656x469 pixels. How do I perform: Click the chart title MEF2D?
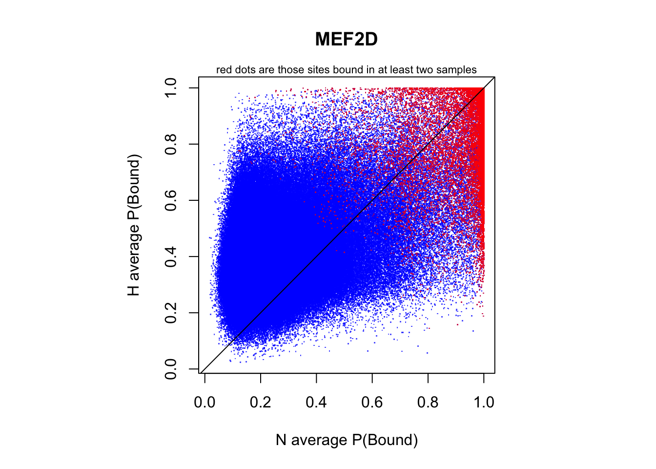pos(347,40)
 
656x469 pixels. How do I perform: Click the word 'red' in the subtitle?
pos(224,70)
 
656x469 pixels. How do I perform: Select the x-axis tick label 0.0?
pos(205,402)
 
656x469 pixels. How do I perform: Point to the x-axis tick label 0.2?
pos(261,402)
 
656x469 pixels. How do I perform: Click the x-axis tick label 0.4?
pos(316,402)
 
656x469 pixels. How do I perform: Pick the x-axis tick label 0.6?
pos(372,402)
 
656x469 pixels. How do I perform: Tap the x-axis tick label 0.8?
pos(428,402)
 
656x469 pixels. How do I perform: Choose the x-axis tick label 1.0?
pos(484,402)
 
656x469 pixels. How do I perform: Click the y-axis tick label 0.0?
pos(171,369)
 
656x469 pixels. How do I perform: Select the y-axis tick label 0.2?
pos(171,313)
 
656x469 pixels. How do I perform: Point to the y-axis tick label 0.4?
pos(171,256)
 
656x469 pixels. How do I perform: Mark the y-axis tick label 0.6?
pos(171,200)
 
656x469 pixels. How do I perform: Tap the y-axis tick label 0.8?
pos(171,144)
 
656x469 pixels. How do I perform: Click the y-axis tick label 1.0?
pos(171,88)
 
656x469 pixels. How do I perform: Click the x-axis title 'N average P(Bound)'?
pos(347,440)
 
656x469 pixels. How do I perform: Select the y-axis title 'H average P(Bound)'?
pos(134,225)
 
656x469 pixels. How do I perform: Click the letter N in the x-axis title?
pos(281,440)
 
